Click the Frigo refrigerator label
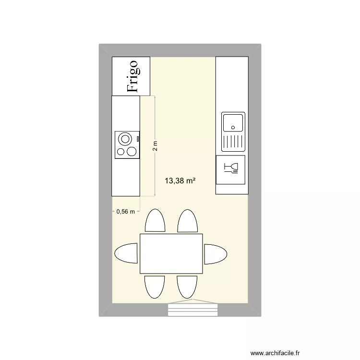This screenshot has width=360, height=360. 132,76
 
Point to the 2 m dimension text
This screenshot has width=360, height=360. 155,145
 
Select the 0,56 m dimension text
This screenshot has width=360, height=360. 126,211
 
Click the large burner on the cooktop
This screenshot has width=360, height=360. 125,139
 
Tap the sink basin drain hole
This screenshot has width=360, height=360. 233,128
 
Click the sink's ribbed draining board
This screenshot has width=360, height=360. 233,142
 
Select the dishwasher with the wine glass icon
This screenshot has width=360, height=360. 231,169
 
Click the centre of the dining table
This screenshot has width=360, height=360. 171,253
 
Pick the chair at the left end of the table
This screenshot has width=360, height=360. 126,253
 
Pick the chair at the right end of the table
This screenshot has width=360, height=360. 216,253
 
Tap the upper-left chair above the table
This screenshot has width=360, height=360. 155,221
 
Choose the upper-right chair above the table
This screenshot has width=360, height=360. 187,221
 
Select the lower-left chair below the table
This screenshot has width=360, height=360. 155,287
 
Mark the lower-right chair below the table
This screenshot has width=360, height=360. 187,287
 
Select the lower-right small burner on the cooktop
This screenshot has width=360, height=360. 131,152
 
